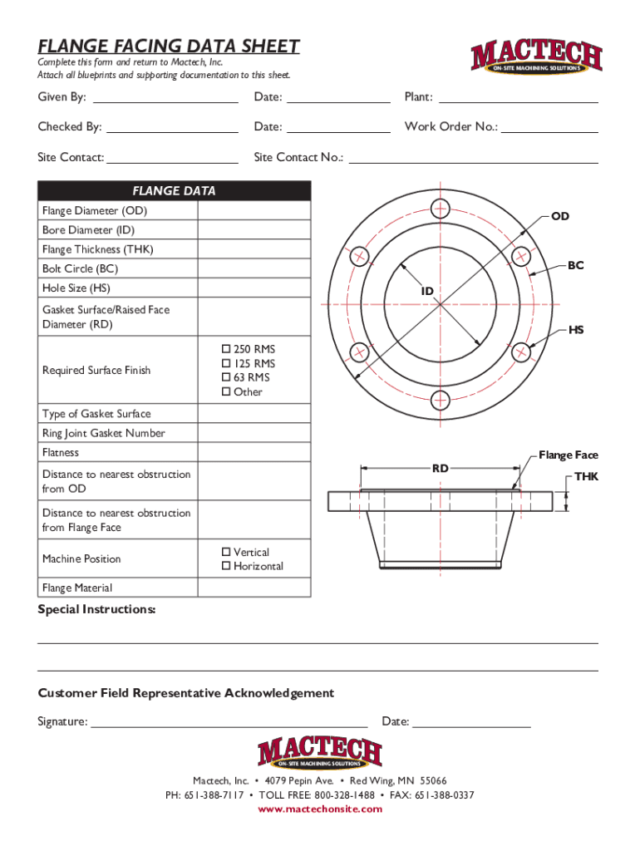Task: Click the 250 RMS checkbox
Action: click(224, 349)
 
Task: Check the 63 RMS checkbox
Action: click(224, 377)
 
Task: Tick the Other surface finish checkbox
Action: click(224, 391)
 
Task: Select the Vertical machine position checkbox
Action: click(224, 552)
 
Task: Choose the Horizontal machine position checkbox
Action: click(224, 566)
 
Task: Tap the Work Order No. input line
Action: click(549, 128)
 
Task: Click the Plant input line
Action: click(518, 98)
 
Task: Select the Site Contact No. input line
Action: click(472, 158)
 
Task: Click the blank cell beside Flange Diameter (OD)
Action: click(254, 211)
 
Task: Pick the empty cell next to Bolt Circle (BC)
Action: click(254, 268)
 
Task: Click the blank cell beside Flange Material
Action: click(254, 588)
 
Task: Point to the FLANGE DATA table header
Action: click(174, 191)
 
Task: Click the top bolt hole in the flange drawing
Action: click(441, 207)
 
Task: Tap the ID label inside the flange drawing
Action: click(427, 291)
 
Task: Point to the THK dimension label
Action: click(586, 476)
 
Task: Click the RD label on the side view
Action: click(440, 469)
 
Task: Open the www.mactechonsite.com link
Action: click(320, 809)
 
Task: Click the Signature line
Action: click(229, 722)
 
